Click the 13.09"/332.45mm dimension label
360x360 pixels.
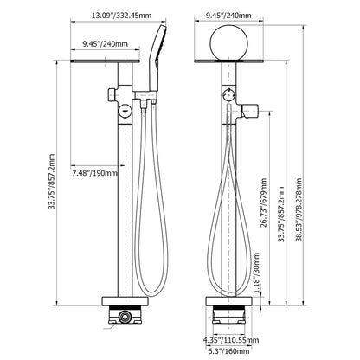[x=121, y=16]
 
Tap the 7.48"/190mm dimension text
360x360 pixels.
[x=95, y=173]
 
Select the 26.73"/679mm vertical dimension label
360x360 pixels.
[x=264, y=202]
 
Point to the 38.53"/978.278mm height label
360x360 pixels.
[x=299, y=209]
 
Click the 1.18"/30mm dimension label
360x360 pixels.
[x=256, y=273]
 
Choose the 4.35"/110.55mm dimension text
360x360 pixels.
[x=231, y=340]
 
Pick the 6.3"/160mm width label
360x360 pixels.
[x=228, y=351]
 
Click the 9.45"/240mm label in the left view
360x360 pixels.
[x=105, y=44]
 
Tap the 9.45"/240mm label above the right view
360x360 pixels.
[x=228, y=16]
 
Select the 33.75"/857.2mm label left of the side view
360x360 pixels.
[x=52, y=182]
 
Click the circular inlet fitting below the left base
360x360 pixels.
[x=125, y=317]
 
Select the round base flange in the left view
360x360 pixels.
[x=125, y=301]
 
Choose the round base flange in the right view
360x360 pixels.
[x=228, y=301]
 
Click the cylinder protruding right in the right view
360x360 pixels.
[x=250, y=111]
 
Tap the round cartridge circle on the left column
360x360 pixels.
[x=125, y=111]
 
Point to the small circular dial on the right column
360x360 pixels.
[x=229, y=94]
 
